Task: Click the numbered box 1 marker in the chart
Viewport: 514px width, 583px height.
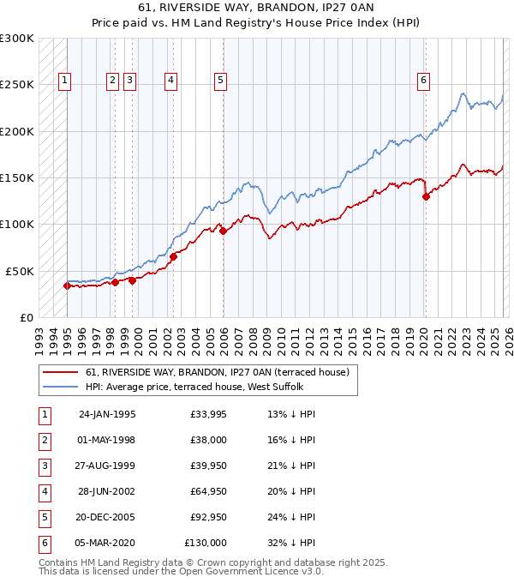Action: (65, 81)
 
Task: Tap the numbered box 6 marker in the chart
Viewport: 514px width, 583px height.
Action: (423, 81)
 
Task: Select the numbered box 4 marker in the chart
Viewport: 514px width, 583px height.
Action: (171, 81)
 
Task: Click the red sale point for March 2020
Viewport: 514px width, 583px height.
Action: (426, 196)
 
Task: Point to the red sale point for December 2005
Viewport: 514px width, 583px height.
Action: (223, 231)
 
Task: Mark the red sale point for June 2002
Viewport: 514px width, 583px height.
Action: (173, 256)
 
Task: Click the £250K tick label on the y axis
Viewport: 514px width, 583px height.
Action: (17, 85)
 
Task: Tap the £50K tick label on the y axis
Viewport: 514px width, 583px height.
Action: (20, 270)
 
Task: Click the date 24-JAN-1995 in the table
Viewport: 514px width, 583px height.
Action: (106, 414)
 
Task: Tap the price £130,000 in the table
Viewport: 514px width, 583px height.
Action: (206, 543)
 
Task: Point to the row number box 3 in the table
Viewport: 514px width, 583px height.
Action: (43, 466)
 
